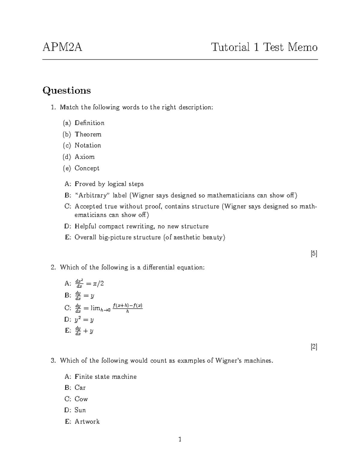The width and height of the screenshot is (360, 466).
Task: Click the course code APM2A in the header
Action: pos(62,47)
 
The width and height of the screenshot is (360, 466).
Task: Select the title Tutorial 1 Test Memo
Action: pos(264,47)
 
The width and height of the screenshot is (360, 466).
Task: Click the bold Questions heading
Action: pos(67,90)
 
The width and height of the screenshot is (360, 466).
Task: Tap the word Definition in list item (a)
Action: pos(89,123)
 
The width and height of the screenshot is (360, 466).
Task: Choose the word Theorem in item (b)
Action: pos(88,134)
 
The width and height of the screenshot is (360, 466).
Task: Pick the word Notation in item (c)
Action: pos(88,146)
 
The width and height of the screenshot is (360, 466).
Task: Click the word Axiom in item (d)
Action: pos(85,157)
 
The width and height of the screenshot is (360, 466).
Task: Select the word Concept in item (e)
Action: pos(87,168)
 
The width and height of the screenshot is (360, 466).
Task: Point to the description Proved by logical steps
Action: pos(109,184)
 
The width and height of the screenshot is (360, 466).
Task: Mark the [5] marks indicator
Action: pos(314,254)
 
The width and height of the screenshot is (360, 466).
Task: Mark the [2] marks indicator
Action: pos(314,347)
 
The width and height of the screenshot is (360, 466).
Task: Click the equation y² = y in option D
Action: pos(84,320)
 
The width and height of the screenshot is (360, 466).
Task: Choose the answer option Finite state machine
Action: pos(105,377)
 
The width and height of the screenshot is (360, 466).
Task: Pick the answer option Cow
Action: pos(81,399)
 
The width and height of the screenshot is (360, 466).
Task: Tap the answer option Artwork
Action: pos(87,422)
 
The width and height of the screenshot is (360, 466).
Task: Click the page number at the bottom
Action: pos(180,440)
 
